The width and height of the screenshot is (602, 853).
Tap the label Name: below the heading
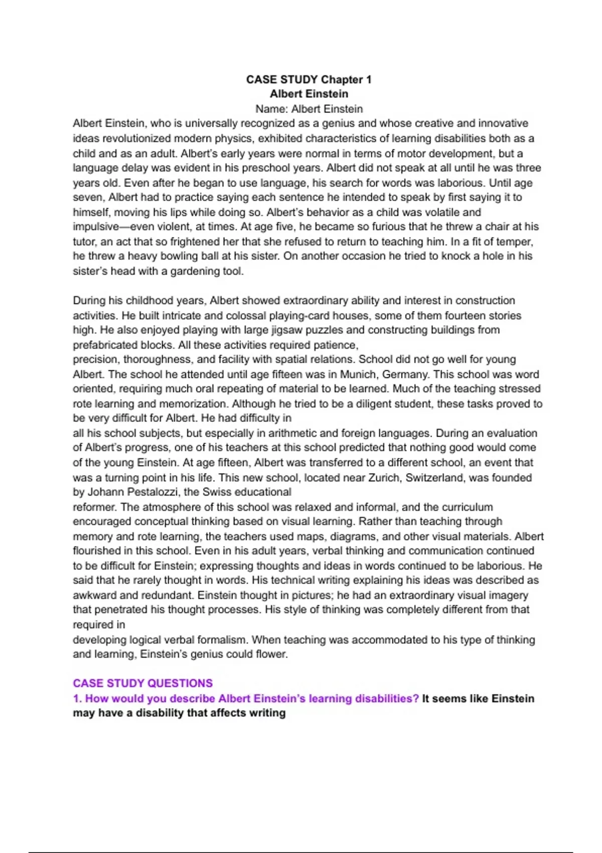271,109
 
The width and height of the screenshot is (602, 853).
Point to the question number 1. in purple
77,698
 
